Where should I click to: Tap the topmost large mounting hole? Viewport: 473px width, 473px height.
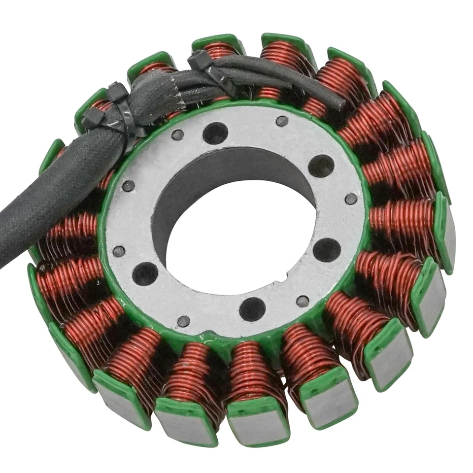coord(215,133)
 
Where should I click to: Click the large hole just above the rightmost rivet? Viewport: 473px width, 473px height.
coord(321,166)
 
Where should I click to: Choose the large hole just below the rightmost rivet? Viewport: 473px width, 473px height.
coord(327,249)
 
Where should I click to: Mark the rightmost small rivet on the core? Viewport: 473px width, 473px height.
coord(351,199)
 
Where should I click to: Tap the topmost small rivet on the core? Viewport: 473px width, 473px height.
coord(282,121)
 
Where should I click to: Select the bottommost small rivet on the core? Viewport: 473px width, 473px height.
coord(184,321)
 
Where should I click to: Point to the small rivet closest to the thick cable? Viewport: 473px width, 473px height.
coord(128,186)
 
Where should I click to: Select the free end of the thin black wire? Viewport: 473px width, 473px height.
coord(340,103)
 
